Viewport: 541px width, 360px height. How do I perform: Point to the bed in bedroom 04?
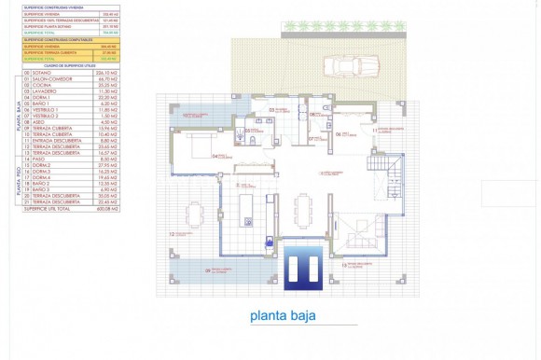coord(198,148)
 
